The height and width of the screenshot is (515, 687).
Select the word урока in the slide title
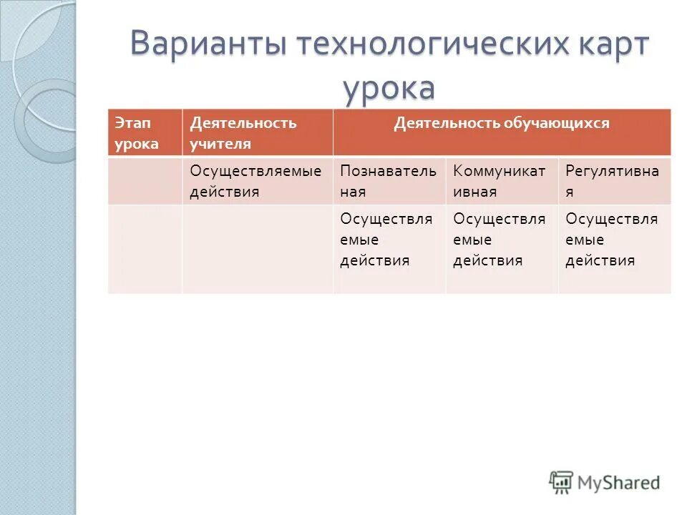pyautogui.click(x=389, y=89)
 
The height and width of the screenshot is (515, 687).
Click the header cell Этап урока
pyautogui.click(x=145, y=133)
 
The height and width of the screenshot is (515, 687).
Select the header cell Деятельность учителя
pyautogui.click(x=257, y=133)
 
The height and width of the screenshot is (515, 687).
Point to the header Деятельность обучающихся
pyautogui.click(x=501, y=124)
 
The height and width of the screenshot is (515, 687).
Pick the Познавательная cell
pyautogui.click(x=388, y=182)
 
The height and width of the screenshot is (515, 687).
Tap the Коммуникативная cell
pyautogui.click(x=500, y=182)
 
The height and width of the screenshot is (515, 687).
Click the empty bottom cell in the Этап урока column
pyautogui.click(x=145, y=249)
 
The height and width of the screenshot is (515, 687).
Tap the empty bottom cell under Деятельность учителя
pyautogui.click(x=257, y=249)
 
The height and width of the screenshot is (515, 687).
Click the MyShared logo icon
pyautogui.click(x=561, y=482)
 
